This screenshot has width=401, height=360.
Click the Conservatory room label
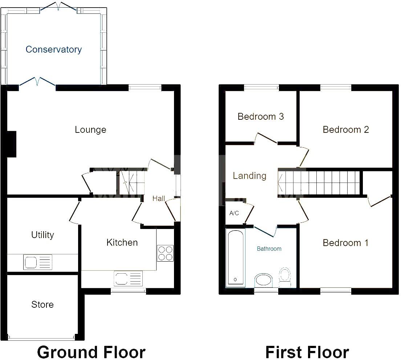(x=54, y=49)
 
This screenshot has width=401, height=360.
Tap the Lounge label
(x=90, y=130)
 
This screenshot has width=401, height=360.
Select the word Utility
(x=42, y=235)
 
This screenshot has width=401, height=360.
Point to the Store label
(x=42, y=304)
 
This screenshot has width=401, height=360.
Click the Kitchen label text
(x=122, y=242)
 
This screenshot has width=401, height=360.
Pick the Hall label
(x=159, y=199)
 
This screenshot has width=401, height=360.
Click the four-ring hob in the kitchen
(x=165, y=253)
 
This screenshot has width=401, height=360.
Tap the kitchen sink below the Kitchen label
(x=128, y=279)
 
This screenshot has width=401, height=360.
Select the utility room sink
(x=38, y=262)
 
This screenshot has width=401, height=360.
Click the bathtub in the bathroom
(x=235, y=258)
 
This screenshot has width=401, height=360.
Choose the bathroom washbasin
(x=264, y=280)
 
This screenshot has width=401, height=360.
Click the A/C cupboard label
(x=234, y=213)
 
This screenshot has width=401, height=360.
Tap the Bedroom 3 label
(x=260, y=116)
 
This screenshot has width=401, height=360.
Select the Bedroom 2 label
(x=346, y=130)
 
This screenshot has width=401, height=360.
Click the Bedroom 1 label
(x=345, y=243)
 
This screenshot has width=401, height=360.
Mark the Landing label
(x=250, y=176)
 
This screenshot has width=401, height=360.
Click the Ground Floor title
(x=91, y=352)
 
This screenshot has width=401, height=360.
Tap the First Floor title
(x=307, y=352)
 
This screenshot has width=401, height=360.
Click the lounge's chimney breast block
(x=12, y=144)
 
